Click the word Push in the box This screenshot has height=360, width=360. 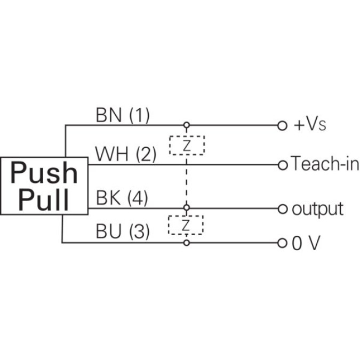pyautogui.click(x=44, y=173)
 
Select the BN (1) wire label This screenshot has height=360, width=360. pyautogui.click(x=123, y=115)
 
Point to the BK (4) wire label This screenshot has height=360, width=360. pyautogui.click(x=122, y=198)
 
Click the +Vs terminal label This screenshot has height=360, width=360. pyautogui.click(x=309, y=126)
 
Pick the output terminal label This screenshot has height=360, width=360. pyautogui.click(x=318, y=209)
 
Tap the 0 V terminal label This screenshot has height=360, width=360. pyautogui.click(x=306, y=243)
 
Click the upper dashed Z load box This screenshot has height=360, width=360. pyautogui.click(x=187, y=145)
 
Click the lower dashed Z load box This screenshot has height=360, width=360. pyautogui.click(x=186, y=226)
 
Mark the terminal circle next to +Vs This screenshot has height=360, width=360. pyautogui.click(x=283, y=126)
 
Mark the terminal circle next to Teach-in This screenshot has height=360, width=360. pyautogui.click(x=283, y=164)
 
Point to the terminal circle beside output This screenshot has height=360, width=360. pyautogui.click(x=283, y=209)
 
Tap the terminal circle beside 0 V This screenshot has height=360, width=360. pyautogui.click(x=283, y=243)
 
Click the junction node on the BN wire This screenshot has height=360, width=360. pyautogui.click(x=186, y=126)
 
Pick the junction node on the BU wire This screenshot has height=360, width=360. pyautogui.click(x=186, y=243)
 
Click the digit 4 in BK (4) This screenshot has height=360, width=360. pyautogui.click(x=138, y=198)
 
